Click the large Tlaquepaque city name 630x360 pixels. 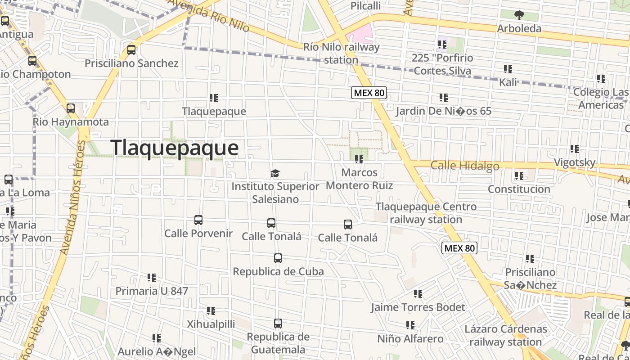[x=174, y=148]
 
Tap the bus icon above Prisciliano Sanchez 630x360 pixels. [x=131, y=50]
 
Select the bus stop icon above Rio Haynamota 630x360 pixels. [x=71, y=108]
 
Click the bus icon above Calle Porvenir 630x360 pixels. [x=198, y=220]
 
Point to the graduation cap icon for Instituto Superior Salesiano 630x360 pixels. [x=275, y=173]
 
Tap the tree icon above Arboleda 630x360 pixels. [x=519, y=15]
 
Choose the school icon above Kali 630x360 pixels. [x=508, y=69]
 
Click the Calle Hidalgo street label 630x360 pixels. [x=465, y=166]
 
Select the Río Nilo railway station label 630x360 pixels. [x=342, y=53]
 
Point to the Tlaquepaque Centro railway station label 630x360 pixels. [x=426, y=213]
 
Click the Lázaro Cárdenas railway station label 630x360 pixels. [x=506, y=335]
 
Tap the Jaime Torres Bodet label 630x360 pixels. [x=418, y=307]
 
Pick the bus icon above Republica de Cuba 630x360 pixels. [x=278, y=258]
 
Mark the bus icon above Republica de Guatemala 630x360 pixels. [x=278, y=324]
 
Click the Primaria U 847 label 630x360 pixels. [x=152, y=291]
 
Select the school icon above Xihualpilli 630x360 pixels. [x=211, y=311]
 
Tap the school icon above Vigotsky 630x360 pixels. [x=575, y=149]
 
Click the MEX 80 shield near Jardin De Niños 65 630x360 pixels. [x=369, y=93]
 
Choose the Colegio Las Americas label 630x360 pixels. [x=601, y=99]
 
